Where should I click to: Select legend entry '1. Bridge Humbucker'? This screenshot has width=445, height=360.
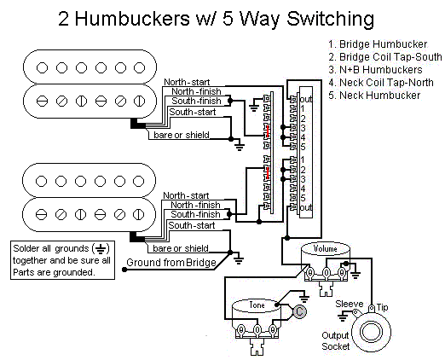(373, 44)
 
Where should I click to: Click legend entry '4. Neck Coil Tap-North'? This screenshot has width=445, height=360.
(379, 83)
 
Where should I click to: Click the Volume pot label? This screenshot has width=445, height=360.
(327, 249)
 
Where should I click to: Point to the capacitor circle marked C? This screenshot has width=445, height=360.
(300, 311)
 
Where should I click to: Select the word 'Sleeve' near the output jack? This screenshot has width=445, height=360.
(349, 303)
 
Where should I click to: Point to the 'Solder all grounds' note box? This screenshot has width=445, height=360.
(61, 259)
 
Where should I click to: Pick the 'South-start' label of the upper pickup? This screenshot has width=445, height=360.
(192, 113)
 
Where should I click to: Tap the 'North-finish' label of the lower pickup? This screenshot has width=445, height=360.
(194, 206)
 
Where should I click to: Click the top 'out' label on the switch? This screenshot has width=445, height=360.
(305, 99)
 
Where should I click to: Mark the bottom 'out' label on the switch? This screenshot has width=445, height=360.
(305, 208)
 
